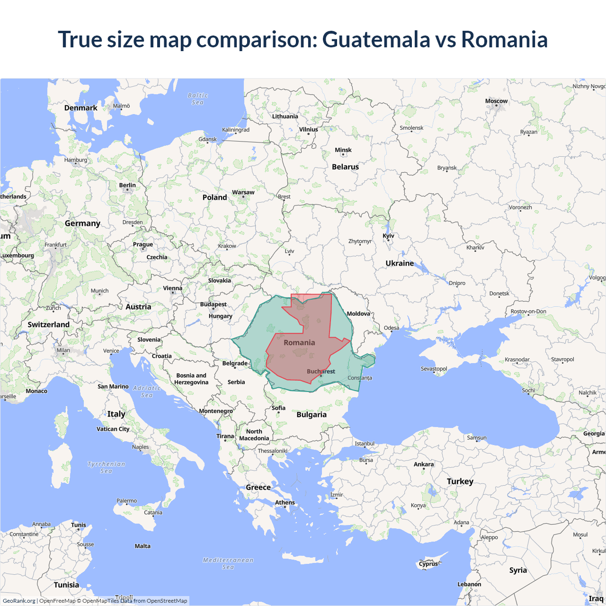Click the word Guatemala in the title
(x=376, y=39)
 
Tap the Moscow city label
(x=496, y=101)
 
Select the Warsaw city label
(x=243, y=192)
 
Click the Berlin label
(x=127, y=185)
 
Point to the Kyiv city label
(x=388, y=236)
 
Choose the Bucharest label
(x=321, y=372)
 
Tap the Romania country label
(x=299, y=342)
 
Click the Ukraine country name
(x=400, y=263)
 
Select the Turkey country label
(x=460, y=481)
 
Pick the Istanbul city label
(x=365, y=444)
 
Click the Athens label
(x=285, y=502)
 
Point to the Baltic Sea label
(x=197, y=99)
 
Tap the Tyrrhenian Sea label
(x=106, y=467)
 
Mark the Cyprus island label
(x=428, y=564)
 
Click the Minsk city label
(x=343, y=150)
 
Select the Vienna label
(x=172, y=288)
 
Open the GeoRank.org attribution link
(x=19, y=601)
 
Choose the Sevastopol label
(x=434, y=369)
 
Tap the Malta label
(x=143, y=546)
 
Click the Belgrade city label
(x=235, y=364)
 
